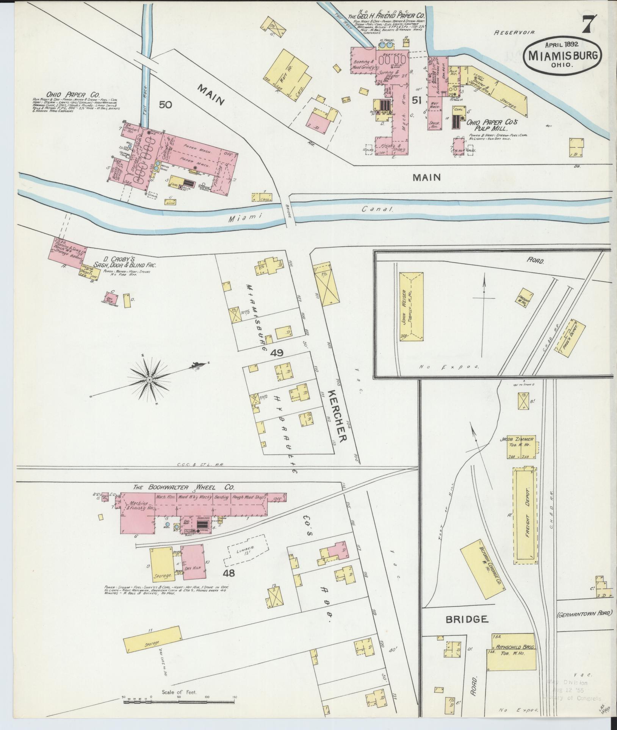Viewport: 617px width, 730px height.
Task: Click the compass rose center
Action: (149, 379)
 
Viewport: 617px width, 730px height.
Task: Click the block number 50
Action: (166, 105)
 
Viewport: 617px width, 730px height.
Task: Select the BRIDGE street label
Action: (466, 619)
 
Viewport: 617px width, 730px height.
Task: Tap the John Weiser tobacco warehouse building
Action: (411, 307)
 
